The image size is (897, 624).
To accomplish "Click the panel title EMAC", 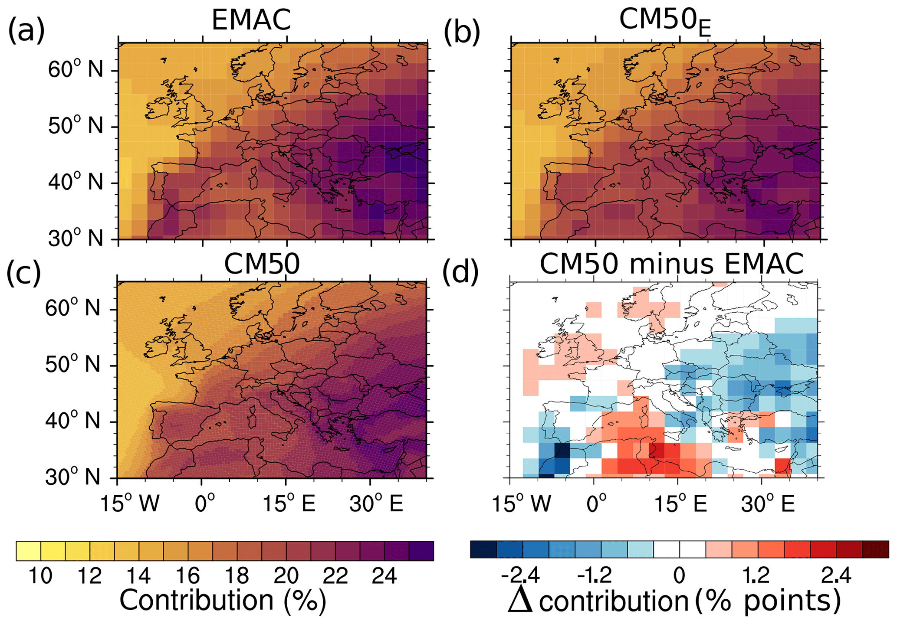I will (x=251, y=20).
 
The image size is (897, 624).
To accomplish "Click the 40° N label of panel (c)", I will (x=72, y=421).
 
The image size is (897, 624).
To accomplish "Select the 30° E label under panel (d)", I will (x=767, y=504).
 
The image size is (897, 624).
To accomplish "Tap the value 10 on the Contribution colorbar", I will (x=40, y=576).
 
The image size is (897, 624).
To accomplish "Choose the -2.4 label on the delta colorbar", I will (x=520, y=576).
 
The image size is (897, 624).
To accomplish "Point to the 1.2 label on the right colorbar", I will (x=756, y=576).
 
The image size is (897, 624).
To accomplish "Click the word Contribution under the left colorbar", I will (x=196, y=601).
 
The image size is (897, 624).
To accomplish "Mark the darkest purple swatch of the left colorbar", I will (x=421, y=551).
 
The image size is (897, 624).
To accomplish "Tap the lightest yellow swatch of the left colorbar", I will (x=28, y=551).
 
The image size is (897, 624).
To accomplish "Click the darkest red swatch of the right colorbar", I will (x=875, y=549).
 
